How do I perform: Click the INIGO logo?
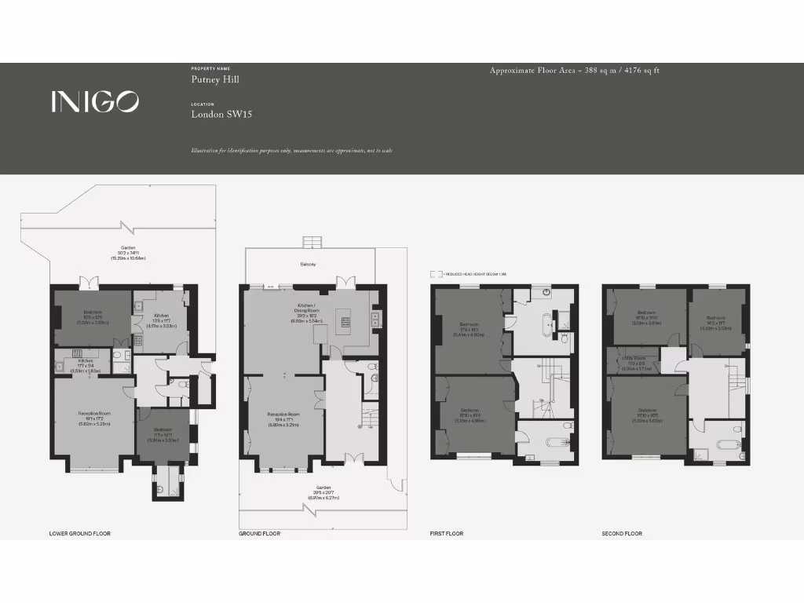coord(95,101)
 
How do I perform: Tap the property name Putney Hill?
coord(215,79)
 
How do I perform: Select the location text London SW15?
coord(221,115)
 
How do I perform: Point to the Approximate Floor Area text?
coord(574,71)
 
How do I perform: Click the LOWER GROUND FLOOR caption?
coord(80,534)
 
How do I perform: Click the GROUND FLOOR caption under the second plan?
coord(259,534)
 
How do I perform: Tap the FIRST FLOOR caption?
coord(446,534)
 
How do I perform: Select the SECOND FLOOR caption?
coord(622,534)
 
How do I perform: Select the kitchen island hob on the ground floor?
coord(344,320)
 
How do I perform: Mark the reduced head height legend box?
coord(434,275)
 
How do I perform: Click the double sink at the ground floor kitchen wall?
coord(375,318)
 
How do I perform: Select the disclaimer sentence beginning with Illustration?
coord(291,151)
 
